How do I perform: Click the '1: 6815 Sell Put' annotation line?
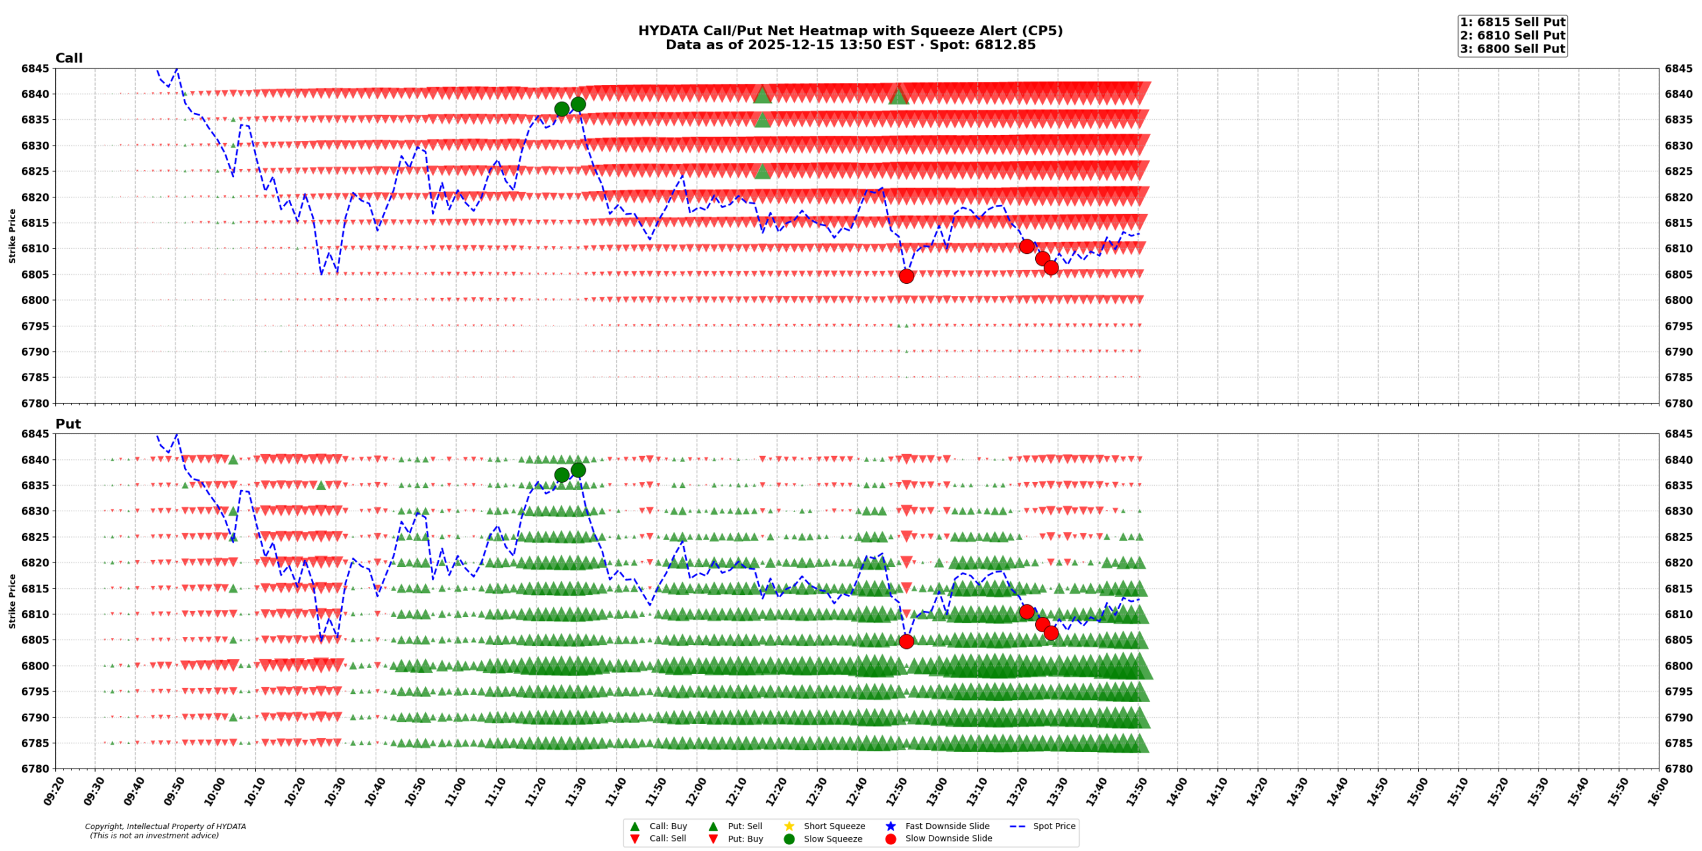(x=1513, y=22)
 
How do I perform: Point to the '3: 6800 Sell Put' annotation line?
(x=1513, y=49)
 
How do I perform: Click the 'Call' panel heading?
(x=68, y=58)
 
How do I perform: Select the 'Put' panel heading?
(x=68, y=424)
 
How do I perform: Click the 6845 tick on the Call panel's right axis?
(x=1678, y=68)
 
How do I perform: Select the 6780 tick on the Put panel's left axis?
(x=35, y=769)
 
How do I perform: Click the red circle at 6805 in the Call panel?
(x=906, y=276)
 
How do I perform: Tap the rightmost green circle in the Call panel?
(x=578, y=104)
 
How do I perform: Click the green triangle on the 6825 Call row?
(x=762, y=172)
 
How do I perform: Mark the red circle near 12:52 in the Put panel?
(x=906, y=642)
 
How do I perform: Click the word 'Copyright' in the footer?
(x=104, y=826)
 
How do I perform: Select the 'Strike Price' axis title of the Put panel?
(x=12, y=601)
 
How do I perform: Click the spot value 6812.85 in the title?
(x=1005, y=45)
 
